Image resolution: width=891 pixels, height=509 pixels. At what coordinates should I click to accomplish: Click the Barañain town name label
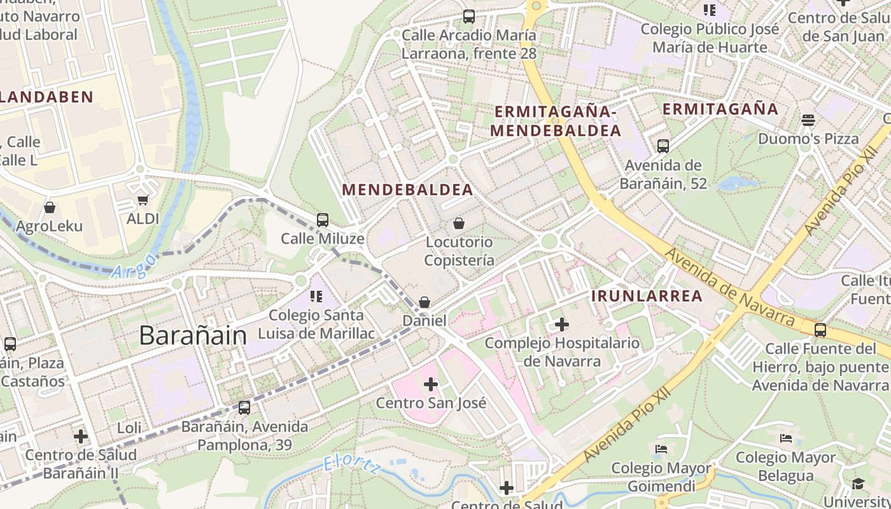(x=192, y=335)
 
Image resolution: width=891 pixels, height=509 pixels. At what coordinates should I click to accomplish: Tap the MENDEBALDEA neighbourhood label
(x=407, y=190)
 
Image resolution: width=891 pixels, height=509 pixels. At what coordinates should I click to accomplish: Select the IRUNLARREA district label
(x=647, y=296)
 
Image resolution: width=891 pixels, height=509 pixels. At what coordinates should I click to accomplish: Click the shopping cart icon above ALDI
(x=143, y=200)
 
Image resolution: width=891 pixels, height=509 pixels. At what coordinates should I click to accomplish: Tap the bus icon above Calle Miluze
(x=323, y=220)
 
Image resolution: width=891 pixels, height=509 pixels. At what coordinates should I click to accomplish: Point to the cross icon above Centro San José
(x=431, y=384)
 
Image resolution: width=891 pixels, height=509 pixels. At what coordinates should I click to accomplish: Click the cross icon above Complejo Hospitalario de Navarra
(x=561, y=325)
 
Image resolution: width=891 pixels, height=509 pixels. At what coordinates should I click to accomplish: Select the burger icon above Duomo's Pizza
(x=808, y=120)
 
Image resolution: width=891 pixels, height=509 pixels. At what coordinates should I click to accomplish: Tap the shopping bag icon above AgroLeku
(x=49, y=207)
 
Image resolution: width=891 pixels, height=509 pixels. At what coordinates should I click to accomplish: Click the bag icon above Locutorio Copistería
(x=458, y=223)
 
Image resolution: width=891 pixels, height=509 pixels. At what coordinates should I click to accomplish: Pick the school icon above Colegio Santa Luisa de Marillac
(x=316, y=296)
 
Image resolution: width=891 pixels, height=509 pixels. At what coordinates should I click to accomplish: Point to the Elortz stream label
(x=351, y=464)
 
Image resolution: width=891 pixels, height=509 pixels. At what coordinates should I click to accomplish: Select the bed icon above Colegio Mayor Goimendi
(x=661, y=449)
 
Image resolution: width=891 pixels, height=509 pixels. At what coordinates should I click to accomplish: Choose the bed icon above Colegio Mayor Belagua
(x=786, y=438)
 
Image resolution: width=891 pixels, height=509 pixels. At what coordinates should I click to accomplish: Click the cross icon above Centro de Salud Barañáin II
(x=81, y=436)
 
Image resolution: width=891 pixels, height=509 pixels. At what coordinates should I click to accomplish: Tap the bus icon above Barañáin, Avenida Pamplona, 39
(x=244, y=408)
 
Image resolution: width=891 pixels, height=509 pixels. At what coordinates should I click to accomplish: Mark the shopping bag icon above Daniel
(x=424, y=302)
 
